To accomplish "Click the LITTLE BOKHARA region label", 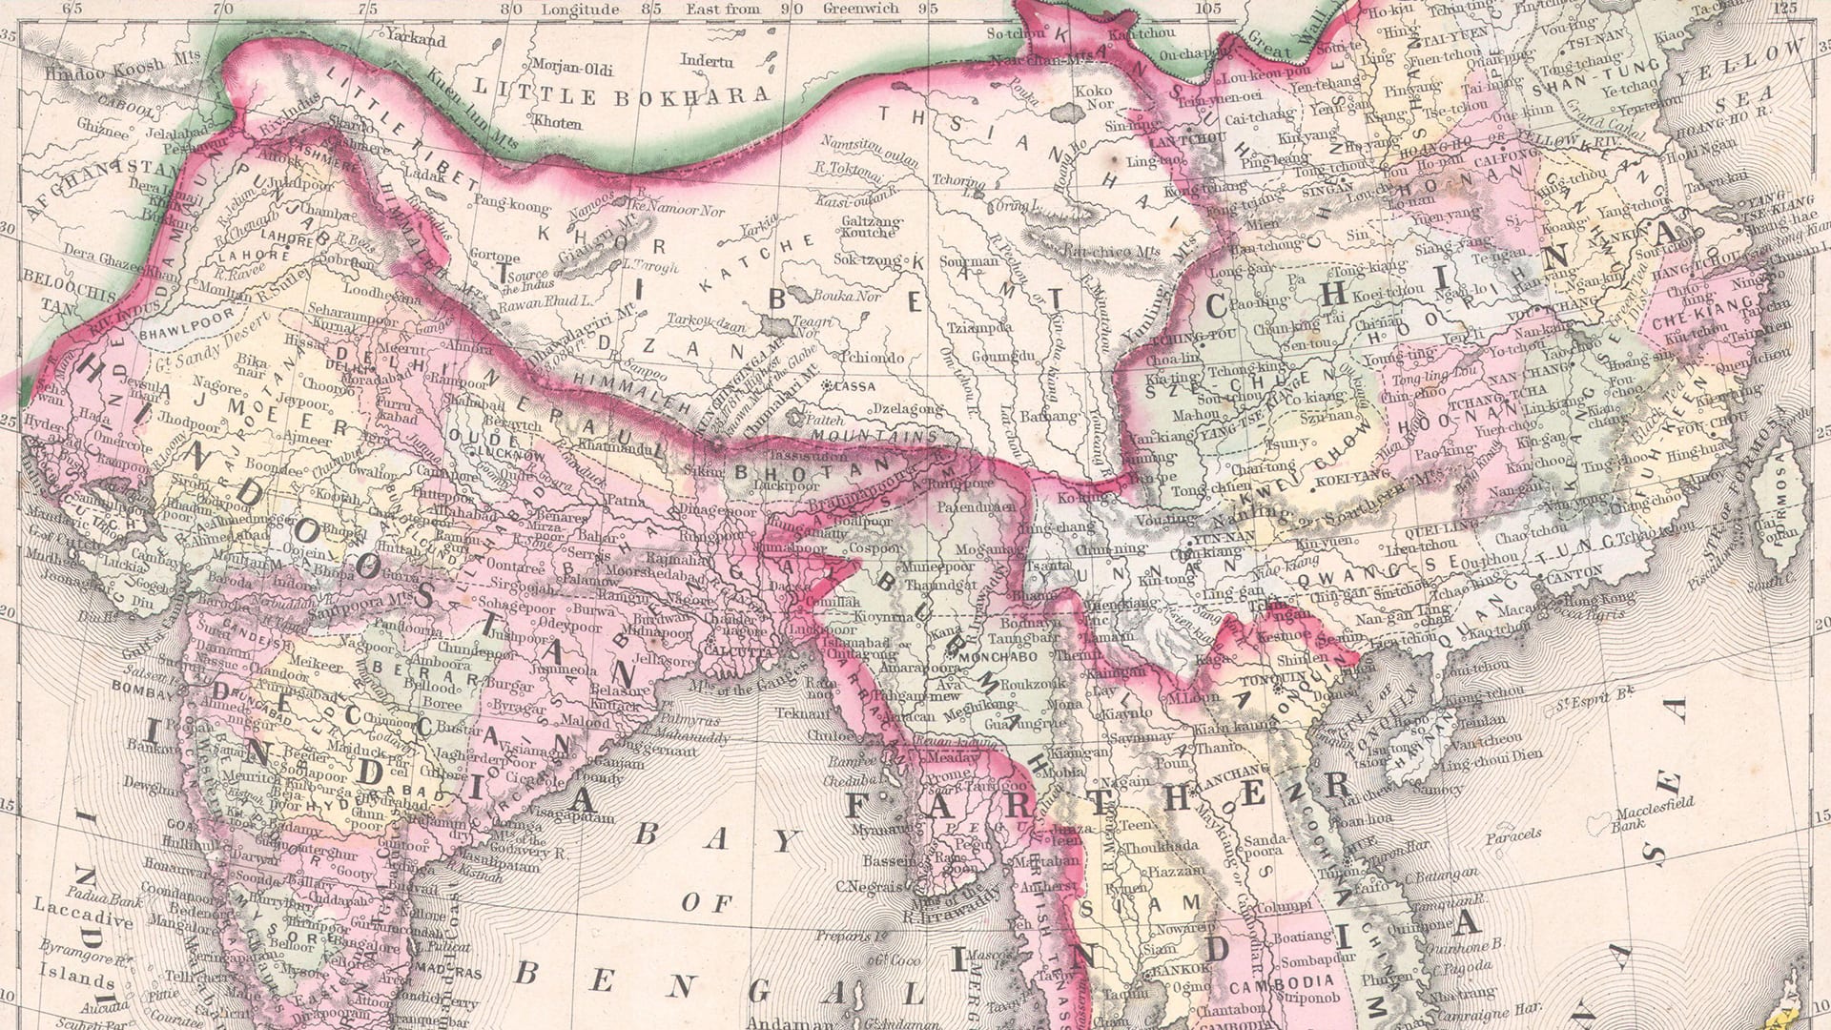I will tap(621, 95).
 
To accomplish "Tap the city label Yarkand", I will tap(415, 41).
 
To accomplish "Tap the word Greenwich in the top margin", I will tap(860, 9).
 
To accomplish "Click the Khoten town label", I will tap(557, 122).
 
